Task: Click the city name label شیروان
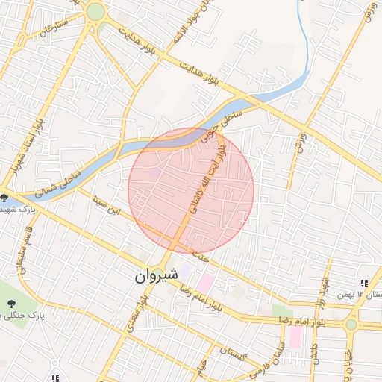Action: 157,275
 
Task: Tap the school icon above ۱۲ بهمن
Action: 364,284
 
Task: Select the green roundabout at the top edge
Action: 95,11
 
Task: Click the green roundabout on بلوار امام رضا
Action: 351,325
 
